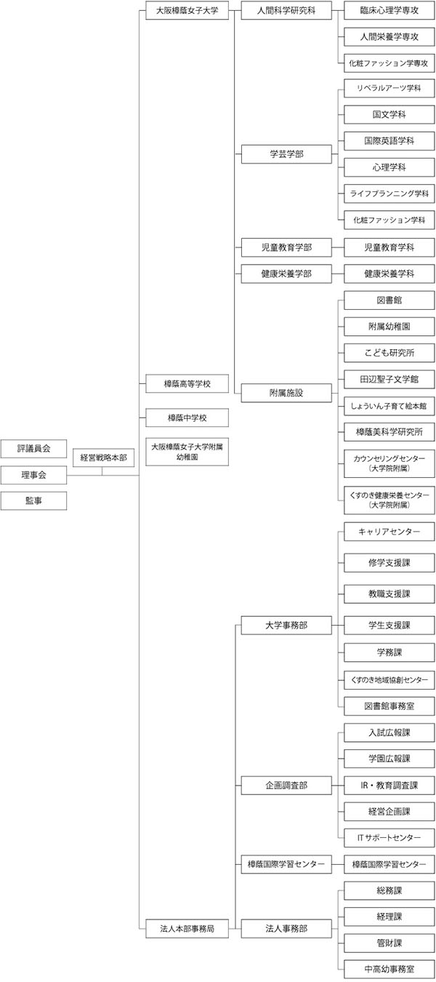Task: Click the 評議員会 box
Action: click(x=33, y=449)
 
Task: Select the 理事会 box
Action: click(x=33, y=475)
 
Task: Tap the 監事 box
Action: click(x=33, y=500)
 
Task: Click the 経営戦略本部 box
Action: click(x=104, y=458)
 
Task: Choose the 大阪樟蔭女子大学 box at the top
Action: click(x=187, y=10)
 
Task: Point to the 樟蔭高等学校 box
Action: click(x=187, y=383)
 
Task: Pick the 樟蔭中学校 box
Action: click(x=187, y=418)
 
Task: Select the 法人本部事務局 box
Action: click(x=187, y=928)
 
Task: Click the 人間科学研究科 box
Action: click(x=286, y=10)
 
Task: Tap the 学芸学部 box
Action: click(x=286, y=154)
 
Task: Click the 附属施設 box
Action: click(x=286, y=393)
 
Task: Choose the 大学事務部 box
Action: click(x=286, y=625)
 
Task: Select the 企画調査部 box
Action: click(x=286, y=785)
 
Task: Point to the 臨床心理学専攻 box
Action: click(x=389, y=10)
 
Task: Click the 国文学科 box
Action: click(x=389, y=115)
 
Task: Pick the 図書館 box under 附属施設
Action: click(x=389, y=300)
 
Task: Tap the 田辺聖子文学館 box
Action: click(x=389, y=379)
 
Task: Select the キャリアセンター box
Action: click(x=389, y=532)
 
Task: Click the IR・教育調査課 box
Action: click(x=389, y=785)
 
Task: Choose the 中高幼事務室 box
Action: click(x=389, y=970)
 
